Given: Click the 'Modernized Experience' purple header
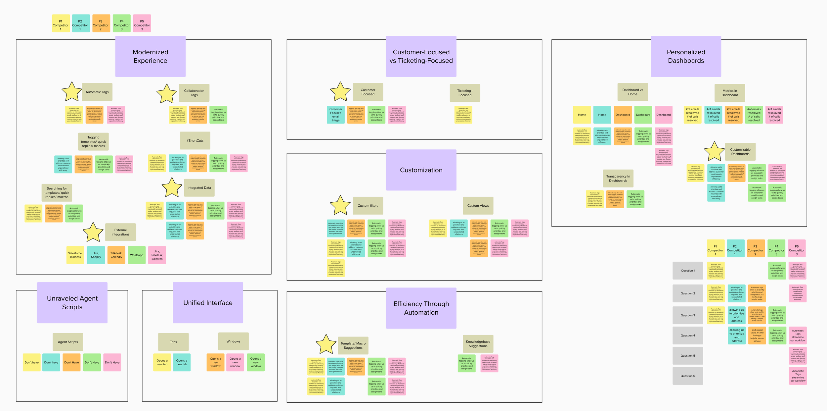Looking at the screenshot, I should [150, 56].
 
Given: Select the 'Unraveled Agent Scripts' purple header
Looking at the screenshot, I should [72, 302].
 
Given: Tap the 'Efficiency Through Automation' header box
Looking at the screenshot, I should [421, 308].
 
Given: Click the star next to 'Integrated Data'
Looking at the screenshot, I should [172, 188].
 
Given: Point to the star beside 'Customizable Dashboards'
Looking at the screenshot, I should [714, 152].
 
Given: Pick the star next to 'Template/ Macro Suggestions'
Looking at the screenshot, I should [326, 344].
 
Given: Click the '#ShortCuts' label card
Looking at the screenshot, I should [195, 141].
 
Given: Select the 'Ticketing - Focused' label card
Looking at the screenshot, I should [465, 93].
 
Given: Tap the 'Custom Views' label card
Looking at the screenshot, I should [478, 206].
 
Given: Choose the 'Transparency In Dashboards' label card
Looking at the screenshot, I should [618, 179].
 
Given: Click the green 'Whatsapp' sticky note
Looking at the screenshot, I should [137, 255].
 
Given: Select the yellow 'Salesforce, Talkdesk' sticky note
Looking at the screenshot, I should [75, 255].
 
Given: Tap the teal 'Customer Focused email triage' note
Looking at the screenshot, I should [336, 115].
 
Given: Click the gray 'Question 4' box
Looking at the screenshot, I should [688, 335].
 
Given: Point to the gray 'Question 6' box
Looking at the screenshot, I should [688, 376].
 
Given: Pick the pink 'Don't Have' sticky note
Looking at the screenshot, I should [112, 362].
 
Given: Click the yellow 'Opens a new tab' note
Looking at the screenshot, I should [162, 362].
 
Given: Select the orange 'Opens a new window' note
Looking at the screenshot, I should [215, 362].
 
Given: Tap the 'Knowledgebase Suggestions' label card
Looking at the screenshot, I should [478, 344].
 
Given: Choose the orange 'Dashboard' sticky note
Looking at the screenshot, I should [623, 115].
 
